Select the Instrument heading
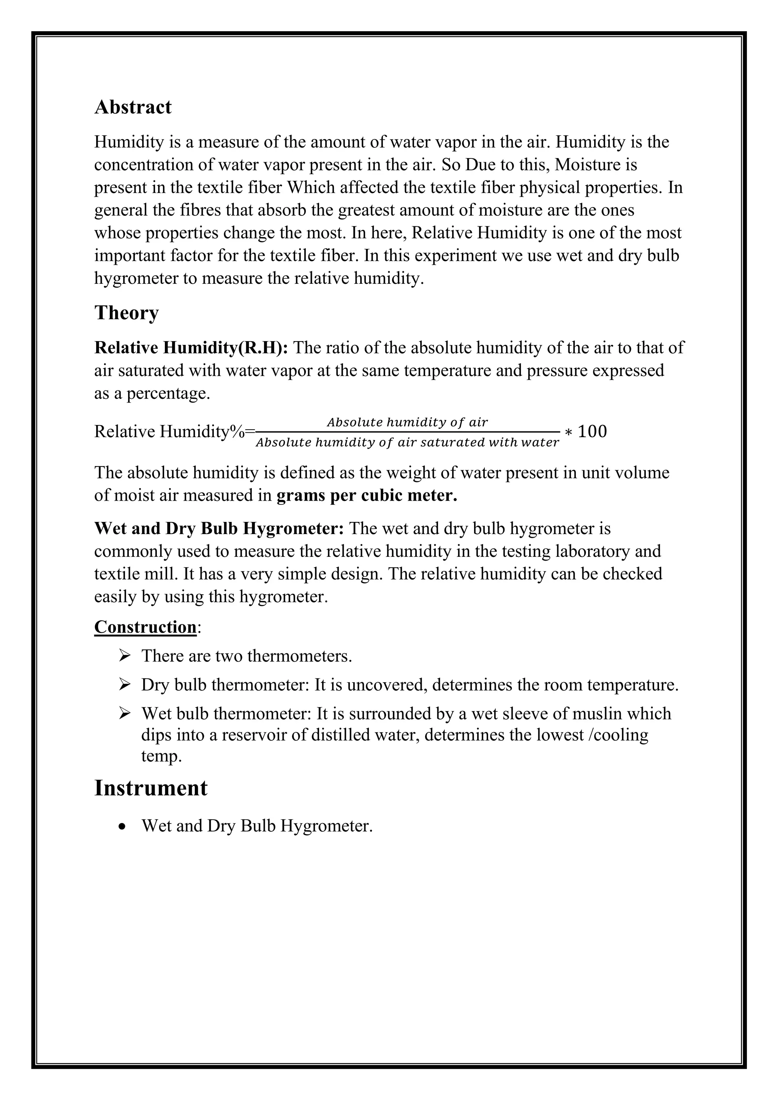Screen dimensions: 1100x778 [150, 788]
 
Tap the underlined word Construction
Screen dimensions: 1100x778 [145, 627]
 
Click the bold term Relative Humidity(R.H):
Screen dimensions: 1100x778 [191, 347]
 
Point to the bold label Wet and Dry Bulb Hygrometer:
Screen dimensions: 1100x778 [219, 528]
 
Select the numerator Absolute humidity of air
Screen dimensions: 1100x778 [407, 422]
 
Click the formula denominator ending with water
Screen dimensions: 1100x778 [407, 442]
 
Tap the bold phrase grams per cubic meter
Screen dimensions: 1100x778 [367, 495]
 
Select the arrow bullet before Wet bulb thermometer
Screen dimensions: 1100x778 [125, 713]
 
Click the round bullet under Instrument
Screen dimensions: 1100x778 [123, 827]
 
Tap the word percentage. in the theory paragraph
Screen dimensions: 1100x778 [168, 394]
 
